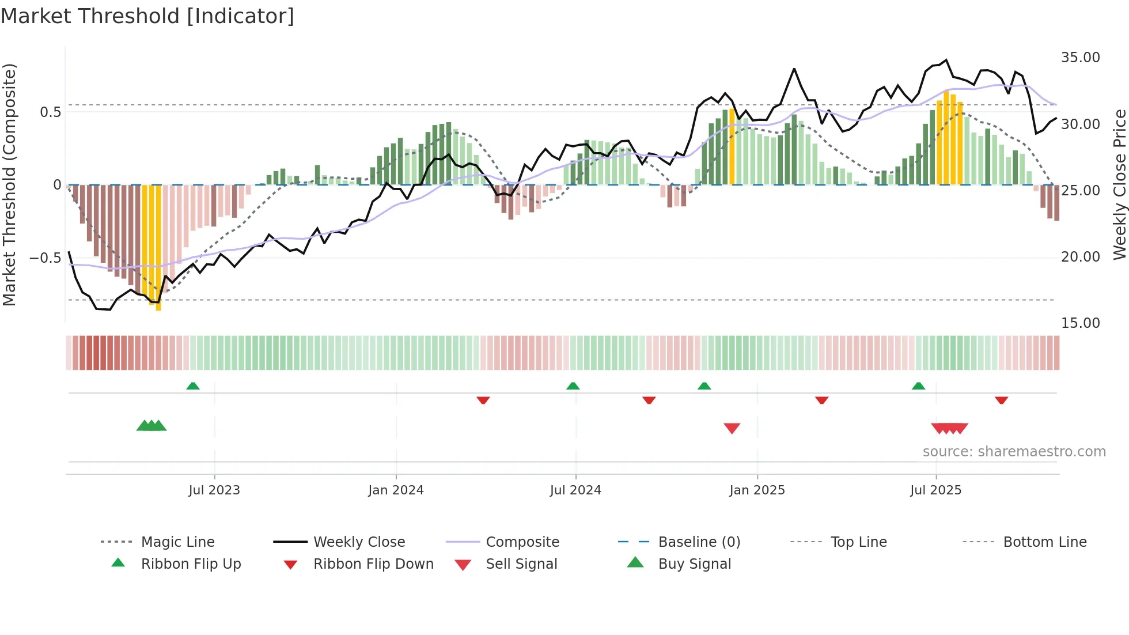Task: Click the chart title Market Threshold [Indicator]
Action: (x=147, y=16)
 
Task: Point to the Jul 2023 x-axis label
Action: (x=214, y=490)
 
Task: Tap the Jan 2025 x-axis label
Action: (x=757, y=490)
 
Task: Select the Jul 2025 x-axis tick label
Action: (x=936, y=490)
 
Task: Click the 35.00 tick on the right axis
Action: (x=1080, y=58)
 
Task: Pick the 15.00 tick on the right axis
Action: (x=1080, y=323)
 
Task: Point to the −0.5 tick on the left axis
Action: (x=46, y=258)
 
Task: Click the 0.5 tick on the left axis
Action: (x=50, y=112)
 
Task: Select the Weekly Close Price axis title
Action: (x=1119, y=184)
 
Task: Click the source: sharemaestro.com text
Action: (x=1014, y=452)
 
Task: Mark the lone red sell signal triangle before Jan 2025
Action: (x=732, y=428)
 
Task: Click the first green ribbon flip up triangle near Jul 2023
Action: (x=193, y=386)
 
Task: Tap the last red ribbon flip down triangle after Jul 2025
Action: (x=1001, y=400)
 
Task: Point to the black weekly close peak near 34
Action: (x=794, y=69)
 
